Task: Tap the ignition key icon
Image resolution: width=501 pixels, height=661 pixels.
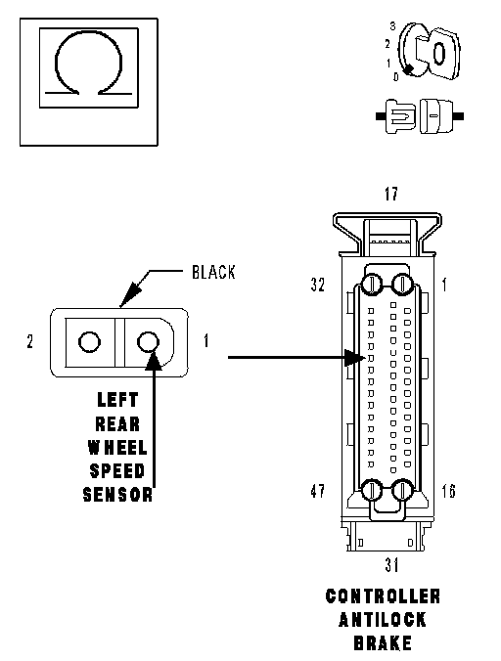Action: (x=430, y=52)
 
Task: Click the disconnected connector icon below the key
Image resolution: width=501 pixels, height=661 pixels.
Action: (x=420, y=116)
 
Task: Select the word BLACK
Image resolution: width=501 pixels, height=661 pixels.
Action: (x=213, y=273)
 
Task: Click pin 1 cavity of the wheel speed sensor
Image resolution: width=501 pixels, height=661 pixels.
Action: (x=149, y=341)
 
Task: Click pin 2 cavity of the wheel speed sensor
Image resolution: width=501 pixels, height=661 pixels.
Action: (x=89, y=341)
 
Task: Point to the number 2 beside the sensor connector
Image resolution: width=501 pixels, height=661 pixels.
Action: (x=30, y=341)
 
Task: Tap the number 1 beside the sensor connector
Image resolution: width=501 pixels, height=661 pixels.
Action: (x=206, y=340)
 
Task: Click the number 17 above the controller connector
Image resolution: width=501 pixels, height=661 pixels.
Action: (x=391, y=194)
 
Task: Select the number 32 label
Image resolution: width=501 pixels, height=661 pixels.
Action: (x=318, y=285)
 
